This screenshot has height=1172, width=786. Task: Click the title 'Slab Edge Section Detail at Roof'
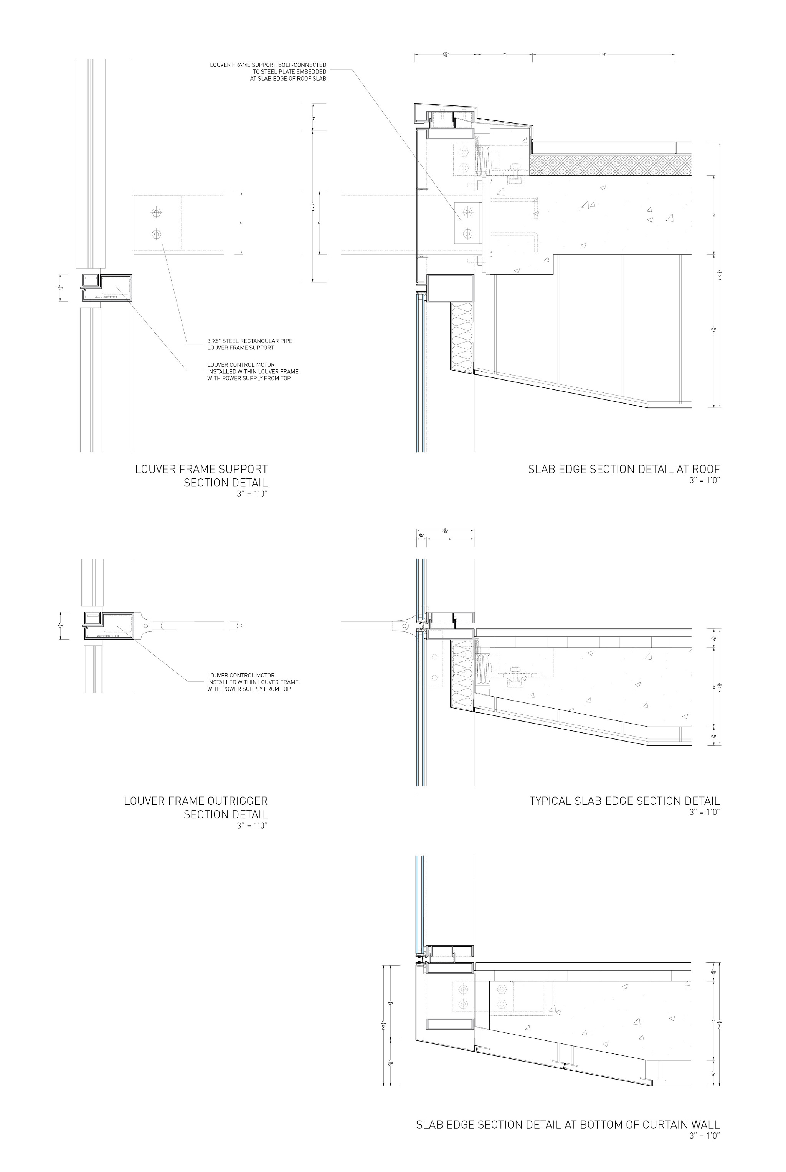[x=624, y=470]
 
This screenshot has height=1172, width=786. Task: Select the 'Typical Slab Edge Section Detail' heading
[x=624, y=801]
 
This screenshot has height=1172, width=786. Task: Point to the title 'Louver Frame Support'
[x=201, y=470]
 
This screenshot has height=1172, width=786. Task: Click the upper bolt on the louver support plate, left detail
[x=157, y=213]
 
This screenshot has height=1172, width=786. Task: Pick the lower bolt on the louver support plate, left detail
[x=157, y=234]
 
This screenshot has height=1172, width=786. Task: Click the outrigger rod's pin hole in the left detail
[x=145, y=626]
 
